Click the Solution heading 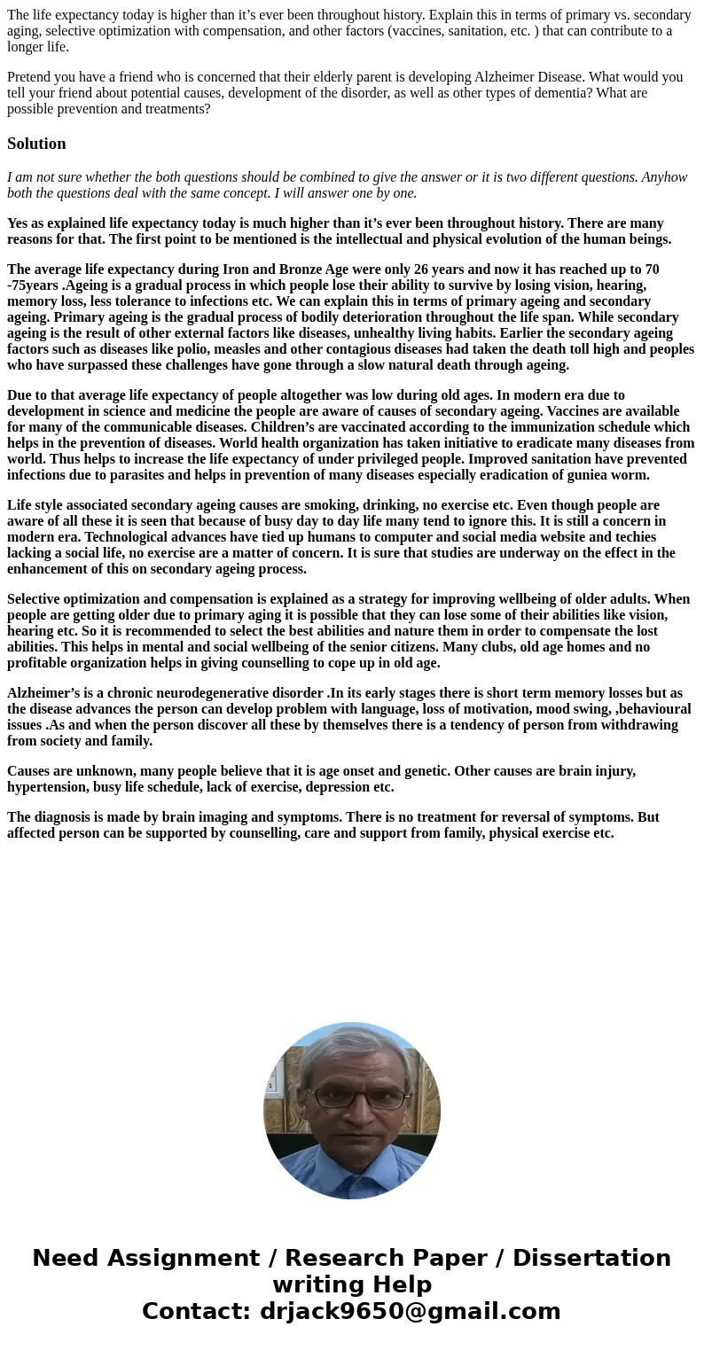(x=36, y=144)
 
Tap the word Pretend (x=30, y=77)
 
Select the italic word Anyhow (x=664, y=177)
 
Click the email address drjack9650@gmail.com (x=410, y=1311)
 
